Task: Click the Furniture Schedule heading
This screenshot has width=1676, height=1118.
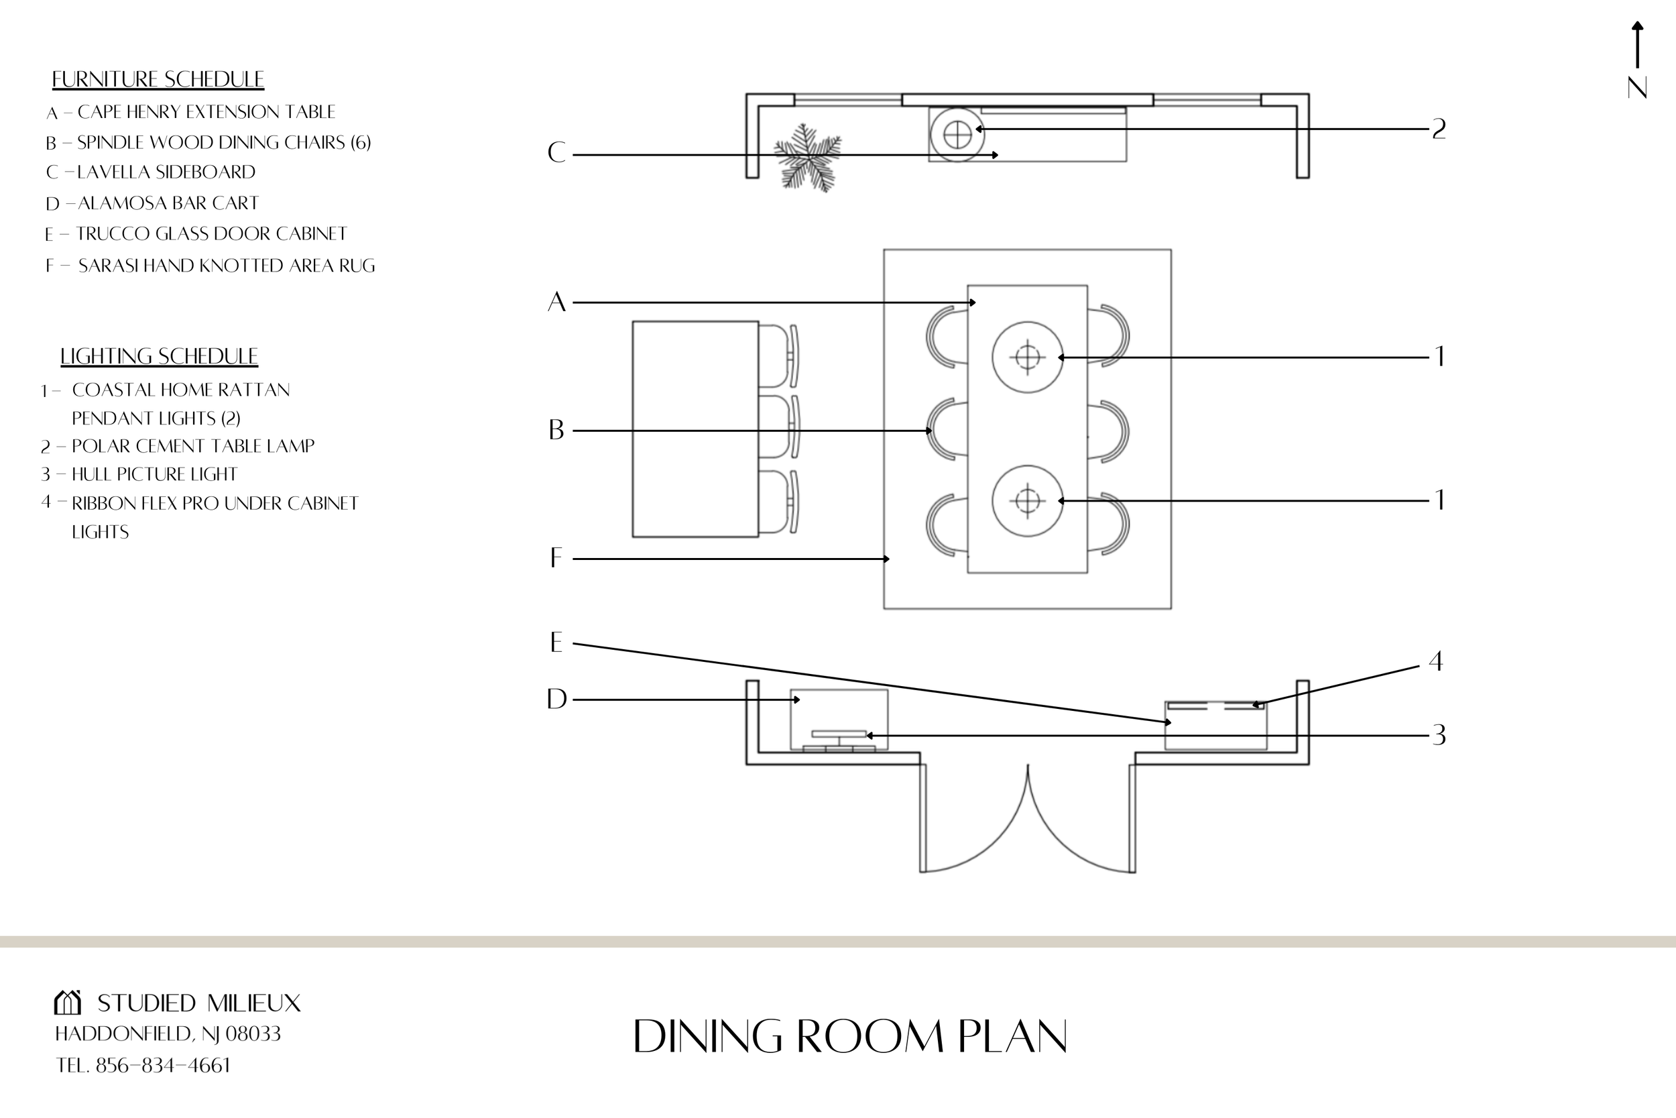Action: (158, 79)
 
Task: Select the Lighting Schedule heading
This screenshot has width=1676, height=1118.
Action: (158, 356)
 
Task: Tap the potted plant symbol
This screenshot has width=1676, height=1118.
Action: (807, 157)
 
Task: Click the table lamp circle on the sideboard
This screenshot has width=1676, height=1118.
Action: (957, 134)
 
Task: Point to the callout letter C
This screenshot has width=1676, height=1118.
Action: (556, 153)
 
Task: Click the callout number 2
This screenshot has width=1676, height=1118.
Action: (1439, 129)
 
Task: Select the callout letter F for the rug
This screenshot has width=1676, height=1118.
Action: (556, 558)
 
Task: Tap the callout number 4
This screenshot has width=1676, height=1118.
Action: (1436, 662)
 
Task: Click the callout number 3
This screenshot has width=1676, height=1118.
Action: (1439, 735)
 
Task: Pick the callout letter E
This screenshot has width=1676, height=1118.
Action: (556, 643)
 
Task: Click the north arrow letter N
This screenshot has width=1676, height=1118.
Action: (1637, 89)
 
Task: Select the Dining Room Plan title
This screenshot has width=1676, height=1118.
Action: (849, 1037)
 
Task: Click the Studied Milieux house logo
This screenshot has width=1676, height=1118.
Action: (68, 1003)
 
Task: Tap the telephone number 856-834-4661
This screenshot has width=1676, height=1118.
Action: (163, 1065)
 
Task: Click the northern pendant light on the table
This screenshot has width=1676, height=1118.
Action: (1027, 357)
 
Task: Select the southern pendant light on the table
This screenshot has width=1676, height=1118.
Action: (1027, 500)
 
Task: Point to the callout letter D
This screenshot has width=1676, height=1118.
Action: (556, 700)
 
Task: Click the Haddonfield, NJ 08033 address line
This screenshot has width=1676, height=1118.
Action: (168, 1034)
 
